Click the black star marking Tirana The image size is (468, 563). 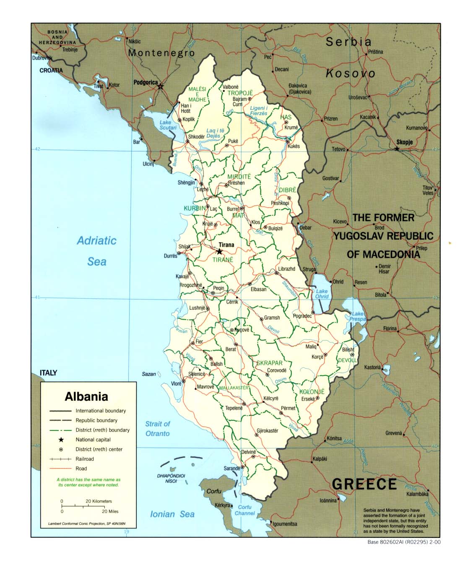pyautogui.click(x=219, y=252)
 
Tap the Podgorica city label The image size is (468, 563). pyautogui.click(x=145, y=82)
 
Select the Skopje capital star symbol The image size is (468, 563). pyautogui.click(x=397, y=149)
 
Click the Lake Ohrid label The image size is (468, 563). pyautogui.click(x=322, y=294)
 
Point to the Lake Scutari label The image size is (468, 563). pyautogui.click(x=168, y=125)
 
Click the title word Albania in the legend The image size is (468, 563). pyautogui.click(x=86, y=396)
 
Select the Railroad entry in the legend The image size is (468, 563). pyautogui.click(x=85, y=459)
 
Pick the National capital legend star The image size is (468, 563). pyautogui.click(x=61, y=440)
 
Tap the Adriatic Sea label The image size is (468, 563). pyautogui.click(x=96, y=251)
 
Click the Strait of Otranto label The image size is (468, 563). pyautogui.click(x=158, y=429)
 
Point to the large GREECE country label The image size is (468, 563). pyautogui.click(x=364, y=484)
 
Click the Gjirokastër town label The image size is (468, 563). pyautogui.click(x=268, y=431)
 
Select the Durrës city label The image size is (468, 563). pyautogui.click(x=170, y=256)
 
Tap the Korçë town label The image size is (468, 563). pyautogui.click(x=317, y=357)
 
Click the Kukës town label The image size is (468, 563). pyautogui.click(x=294, y=146)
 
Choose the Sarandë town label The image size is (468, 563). pyautogui.click(x=232, y=468)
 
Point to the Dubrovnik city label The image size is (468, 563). pyautogui.click(x=42, y=58)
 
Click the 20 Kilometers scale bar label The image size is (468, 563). pyautogui.click(x=99, y=501)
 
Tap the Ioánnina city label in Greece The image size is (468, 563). pyautogui.click(x=328, y=500)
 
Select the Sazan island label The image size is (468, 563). pyautogui.click(x=149, y=374)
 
